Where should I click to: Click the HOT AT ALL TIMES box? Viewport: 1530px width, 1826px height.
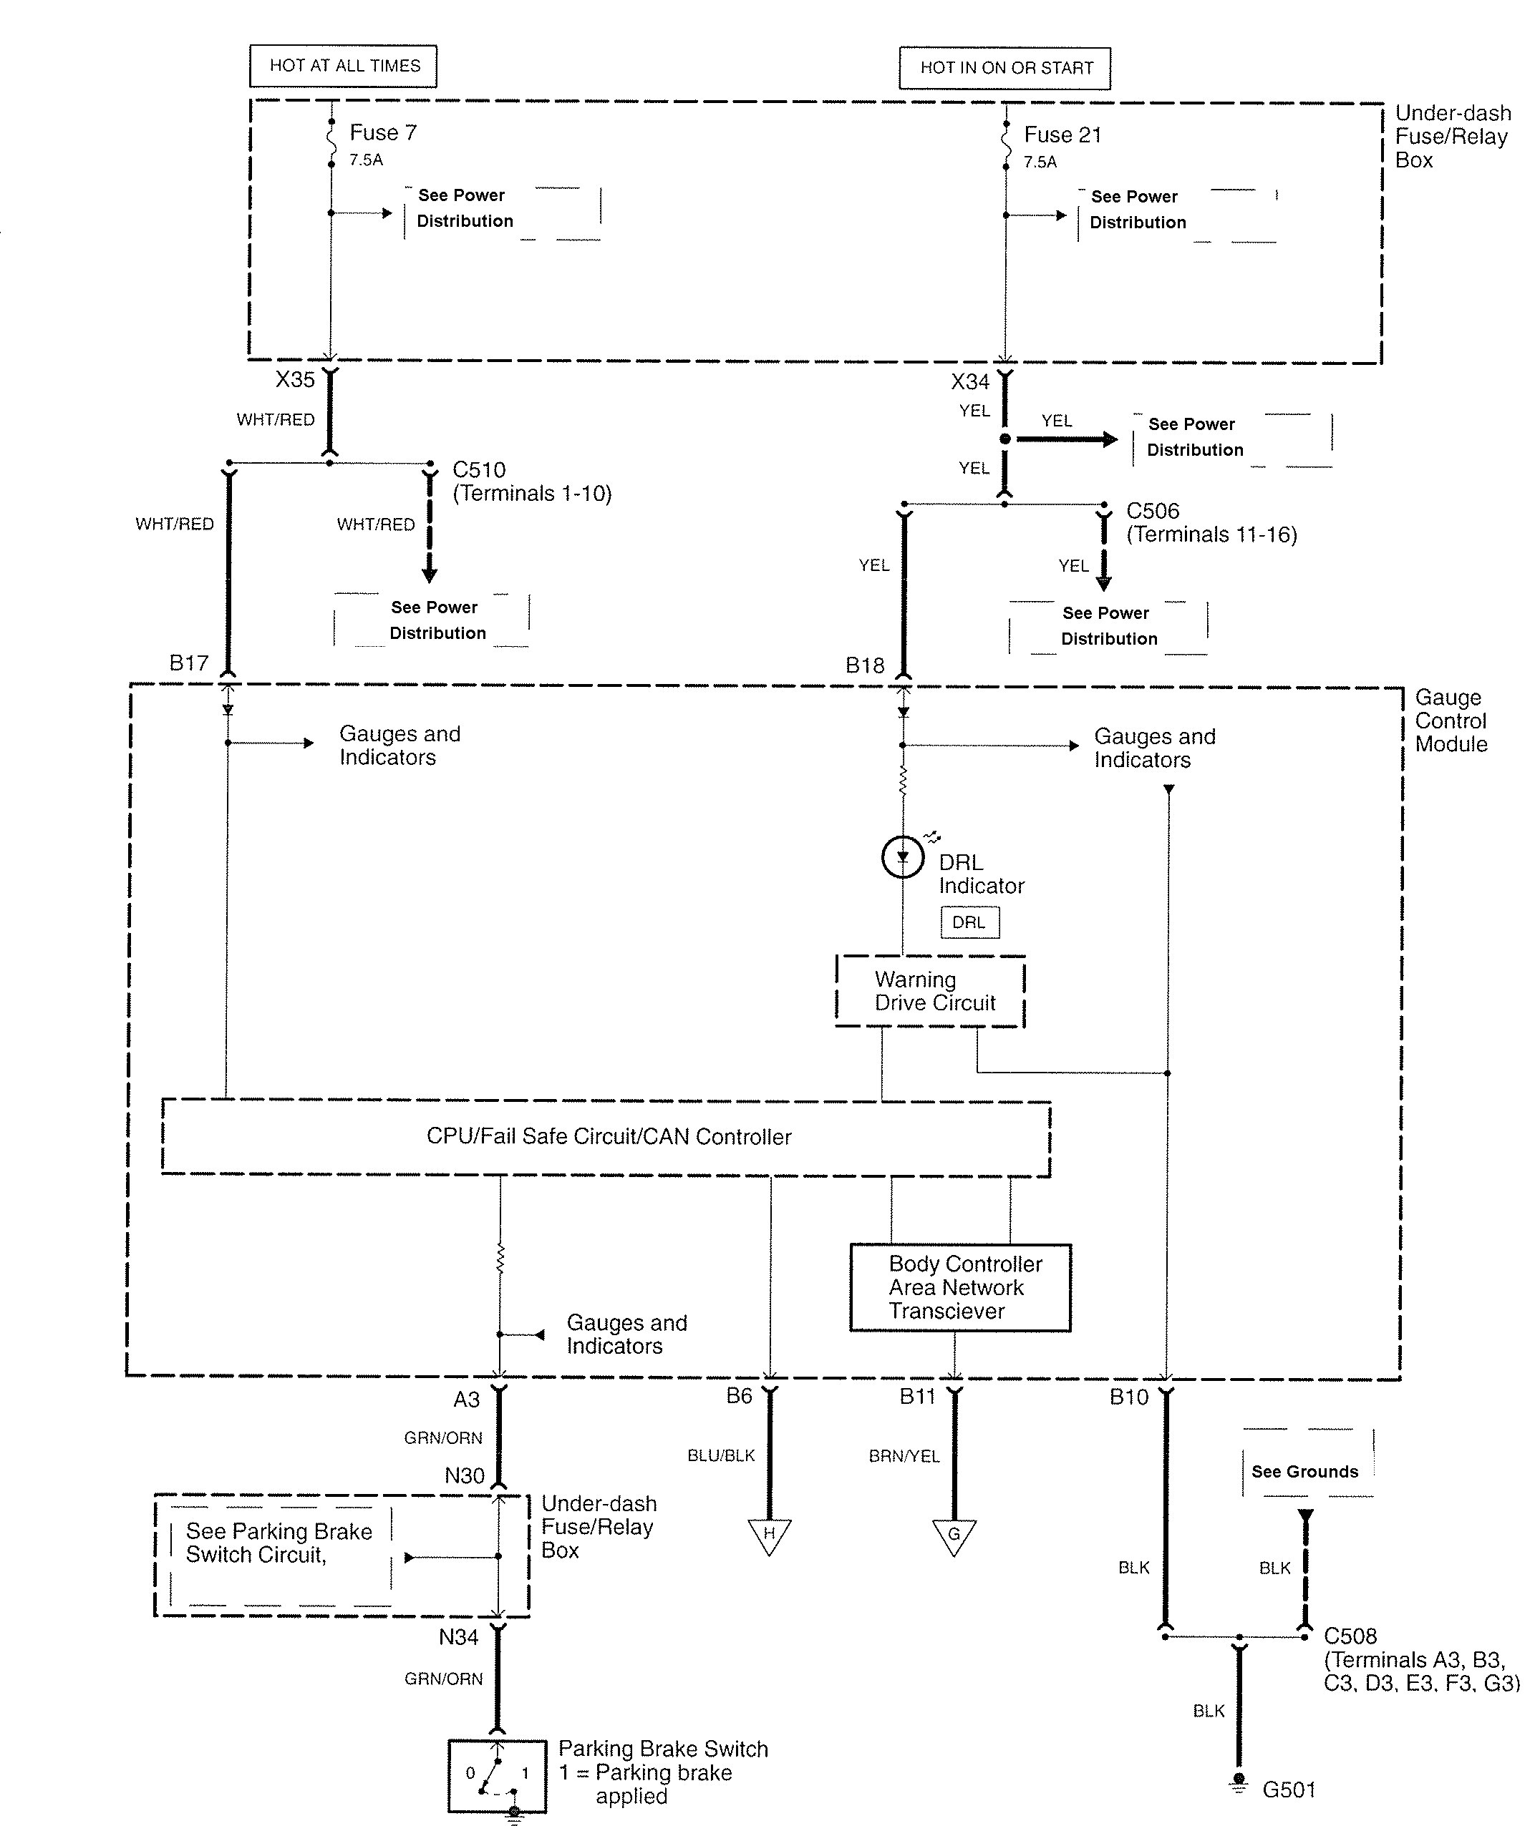344,66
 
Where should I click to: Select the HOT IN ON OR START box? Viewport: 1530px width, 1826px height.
1004,68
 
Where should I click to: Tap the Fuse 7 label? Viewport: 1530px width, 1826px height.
383,133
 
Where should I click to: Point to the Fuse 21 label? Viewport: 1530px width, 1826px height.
1062,135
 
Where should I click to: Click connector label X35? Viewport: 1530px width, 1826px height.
295,380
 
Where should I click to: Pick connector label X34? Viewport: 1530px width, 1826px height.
970,381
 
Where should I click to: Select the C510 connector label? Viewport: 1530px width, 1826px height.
479,470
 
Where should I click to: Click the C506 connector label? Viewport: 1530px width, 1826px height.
1153,512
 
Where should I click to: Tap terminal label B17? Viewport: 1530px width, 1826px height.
189,663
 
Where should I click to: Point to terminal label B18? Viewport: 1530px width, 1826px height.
865,666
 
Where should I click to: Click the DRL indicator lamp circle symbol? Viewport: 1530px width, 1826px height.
903,858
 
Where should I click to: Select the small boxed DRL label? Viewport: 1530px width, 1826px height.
969,922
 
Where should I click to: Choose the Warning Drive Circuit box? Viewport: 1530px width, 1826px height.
930,991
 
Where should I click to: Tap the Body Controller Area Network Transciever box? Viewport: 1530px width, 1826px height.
960,1288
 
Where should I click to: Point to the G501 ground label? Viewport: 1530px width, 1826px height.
1288,1790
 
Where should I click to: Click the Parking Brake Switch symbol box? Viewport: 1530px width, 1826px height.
497,1774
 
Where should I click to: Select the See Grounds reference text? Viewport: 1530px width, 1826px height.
1304,1472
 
